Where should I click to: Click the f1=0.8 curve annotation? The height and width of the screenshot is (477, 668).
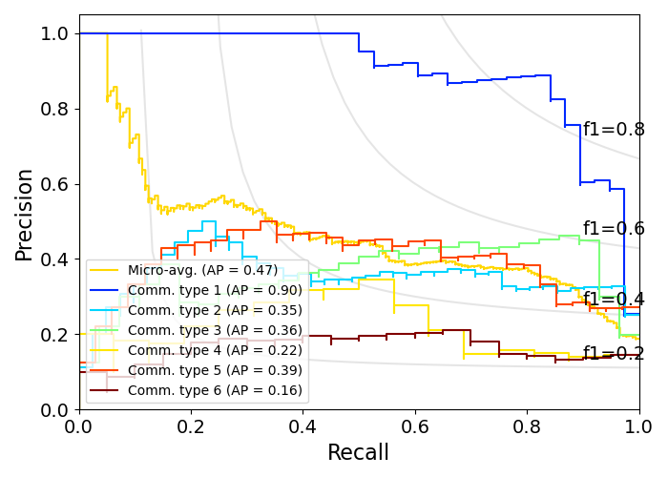(x=614, y=130)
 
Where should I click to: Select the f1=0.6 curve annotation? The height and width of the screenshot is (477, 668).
(x=614, y=229)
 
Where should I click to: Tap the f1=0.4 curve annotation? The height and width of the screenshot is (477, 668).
(x=614, y=300)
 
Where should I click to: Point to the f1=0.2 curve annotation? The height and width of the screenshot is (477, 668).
(x=614, y=354)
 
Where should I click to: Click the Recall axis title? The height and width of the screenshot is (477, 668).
(x=359, y=453)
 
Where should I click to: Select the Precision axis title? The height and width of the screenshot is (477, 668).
(x=25, y=214)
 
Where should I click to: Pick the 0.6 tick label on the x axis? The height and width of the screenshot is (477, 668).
(x=415, y=426)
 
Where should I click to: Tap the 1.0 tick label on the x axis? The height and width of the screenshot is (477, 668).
(x=638, y=426)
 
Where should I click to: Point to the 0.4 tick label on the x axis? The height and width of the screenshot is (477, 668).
(x=303, y=426)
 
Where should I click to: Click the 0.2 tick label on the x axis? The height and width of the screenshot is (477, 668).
(x=191, y=426)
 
